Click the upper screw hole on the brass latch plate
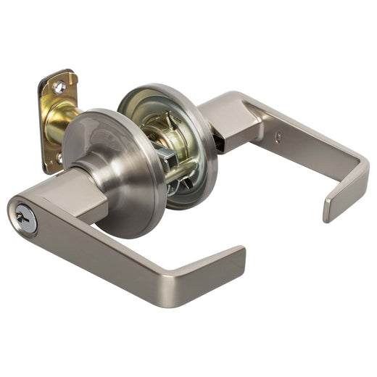pos(59,87)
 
